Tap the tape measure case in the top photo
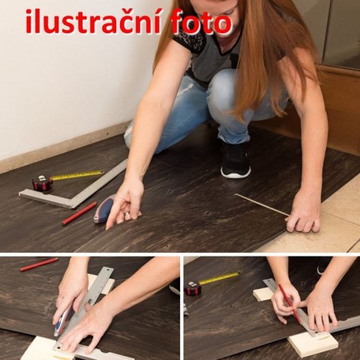pos(43,182)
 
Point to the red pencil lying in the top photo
pos(79,214)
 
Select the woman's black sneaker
pos(235,159)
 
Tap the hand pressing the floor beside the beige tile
pos(304,212)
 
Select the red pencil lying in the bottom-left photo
pos(38,264)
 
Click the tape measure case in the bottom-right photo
pos(193,288)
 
